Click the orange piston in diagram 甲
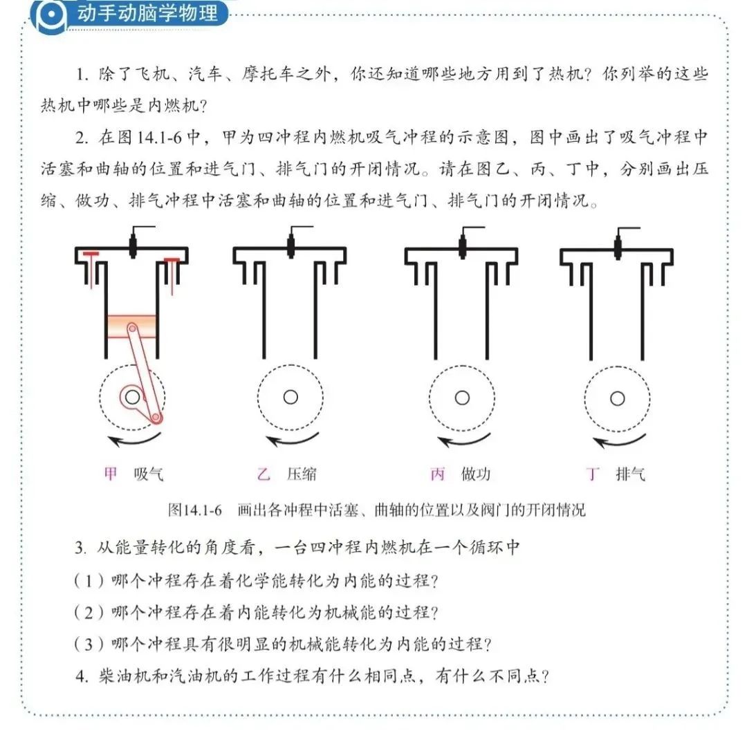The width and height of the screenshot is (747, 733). coord(131,326)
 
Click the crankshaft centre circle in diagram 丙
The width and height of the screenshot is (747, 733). coord(462,398)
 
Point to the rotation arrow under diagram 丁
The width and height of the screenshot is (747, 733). coord(619,441)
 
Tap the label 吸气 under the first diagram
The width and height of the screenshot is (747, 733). coord(148,474)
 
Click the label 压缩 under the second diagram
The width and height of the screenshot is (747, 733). coord(302,474)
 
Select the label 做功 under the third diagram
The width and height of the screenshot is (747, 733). coord(475,474)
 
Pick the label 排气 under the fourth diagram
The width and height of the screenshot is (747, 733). coord(630,474)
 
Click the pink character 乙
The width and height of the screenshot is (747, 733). coord(264,474)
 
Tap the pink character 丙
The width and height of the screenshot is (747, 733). coord(437,474)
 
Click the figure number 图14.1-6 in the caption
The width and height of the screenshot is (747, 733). coord(195,510)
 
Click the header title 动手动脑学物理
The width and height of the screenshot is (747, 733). coord(148,13)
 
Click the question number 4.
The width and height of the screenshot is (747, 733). coord(82,676)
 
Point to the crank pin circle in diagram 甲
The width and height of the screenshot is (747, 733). coord(156,418)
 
